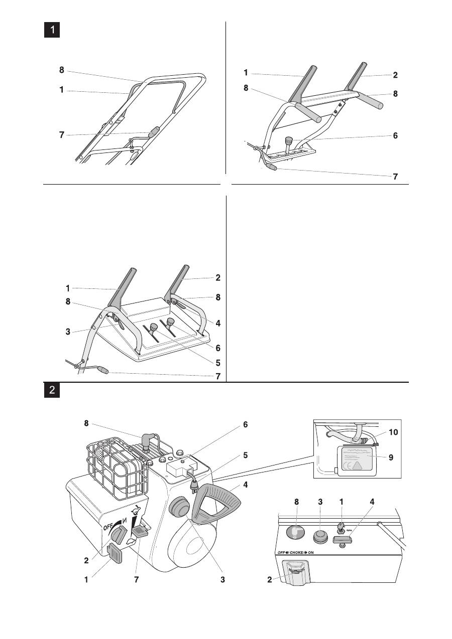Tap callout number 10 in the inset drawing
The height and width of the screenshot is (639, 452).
tap(395, 432)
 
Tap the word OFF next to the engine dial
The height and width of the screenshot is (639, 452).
tap(108, 527)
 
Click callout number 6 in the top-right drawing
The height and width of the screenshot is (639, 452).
tap(396, 136)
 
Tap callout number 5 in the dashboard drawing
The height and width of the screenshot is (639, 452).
tap(218, 362)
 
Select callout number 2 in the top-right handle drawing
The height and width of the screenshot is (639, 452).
tap(396, 75)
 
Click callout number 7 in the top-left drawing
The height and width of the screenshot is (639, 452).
tap(62, 135)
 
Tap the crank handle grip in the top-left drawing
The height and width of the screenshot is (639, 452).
tap(152, 131)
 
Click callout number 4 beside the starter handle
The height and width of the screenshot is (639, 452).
tap(246, 485)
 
